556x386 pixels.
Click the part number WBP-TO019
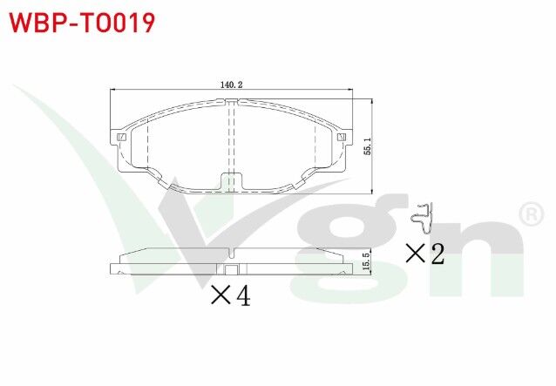(83, 22)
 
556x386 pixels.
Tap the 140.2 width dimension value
(230, 85)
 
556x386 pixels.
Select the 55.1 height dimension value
(367, 145)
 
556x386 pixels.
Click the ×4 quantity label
(230, 296)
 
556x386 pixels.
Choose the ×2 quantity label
(425, 254)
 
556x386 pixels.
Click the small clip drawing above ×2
(424, 218)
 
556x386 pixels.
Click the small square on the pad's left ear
(122, 137)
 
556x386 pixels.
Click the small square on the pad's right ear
(342, 137)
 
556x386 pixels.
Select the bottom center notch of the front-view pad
(230, 181)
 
